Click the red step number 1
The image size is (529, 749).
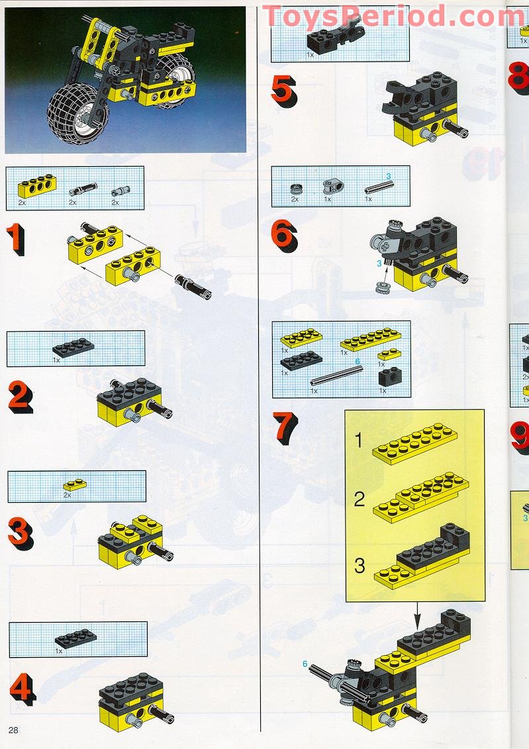click(15, 240)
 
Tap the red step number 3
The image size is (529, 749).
click(17, 531)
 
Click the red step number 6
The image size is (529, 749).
click(283, 234)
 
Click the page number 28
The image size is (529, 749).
click(14, 729)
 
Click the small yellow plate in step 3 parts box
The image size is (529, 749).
click(75, 485)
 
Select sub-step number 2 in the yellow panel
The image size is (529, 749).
click(359, 499)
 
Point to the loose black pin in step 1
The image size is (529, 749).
click(193, 287)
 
